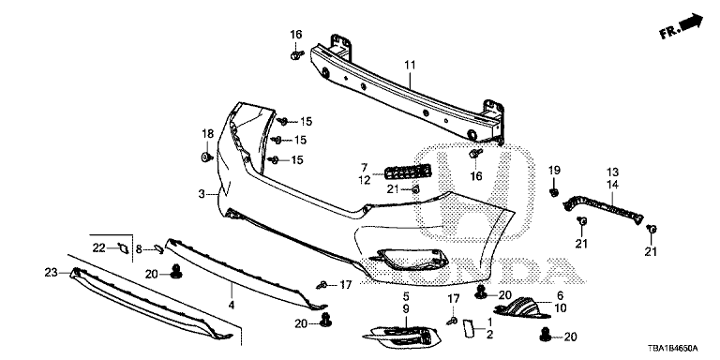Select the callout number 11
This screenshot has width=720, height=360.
[x=410, y=66]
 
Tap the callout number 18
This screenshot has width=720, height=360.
[x=207, y=134]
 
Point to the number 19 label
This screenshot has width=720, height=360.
[x=554, y=170]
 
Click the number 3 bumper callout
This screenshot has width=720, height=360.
[x=202, y=194]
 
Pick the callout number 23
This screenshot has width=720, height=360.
[x=51, y=273]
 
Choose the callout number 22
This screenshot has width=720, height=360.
[x=98, y=247]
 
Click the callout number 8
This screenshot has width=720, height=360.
[x=139, y=249]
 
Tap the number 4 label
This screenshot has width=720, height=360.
[x=232, y=304]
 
